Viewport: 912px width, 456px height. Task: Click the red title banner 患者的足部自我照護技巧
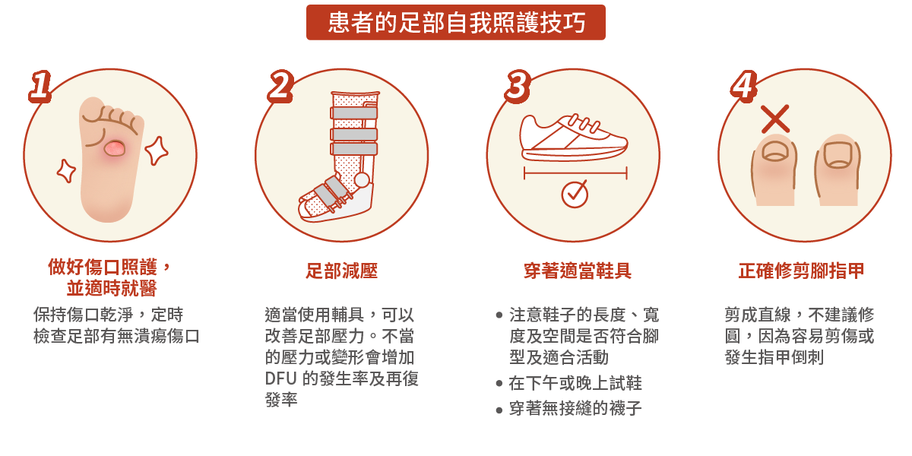[x=456, y=22]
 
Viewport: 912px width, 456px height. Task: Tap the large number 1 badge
[x=40, y=86]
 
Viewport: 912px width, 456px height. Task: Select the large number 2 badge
[x=280, y=86]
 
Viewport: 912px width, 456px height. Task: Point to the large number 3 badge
[x=517, y=86]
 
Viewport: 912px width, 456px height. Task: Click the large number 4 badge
[x=743, y=86]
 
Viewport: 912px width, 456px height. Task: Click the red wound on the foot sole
[x=115, y=148]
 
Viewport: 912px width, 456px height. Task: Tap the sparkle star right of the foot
[x=157, y=150]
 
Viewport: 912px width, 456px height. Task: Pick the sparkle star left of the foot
[x=66, y=171]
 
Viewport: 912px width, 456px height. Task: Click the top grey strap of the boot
[x=354, y=112]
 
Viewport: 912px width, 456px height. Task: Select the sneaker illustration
[x=575, y=138]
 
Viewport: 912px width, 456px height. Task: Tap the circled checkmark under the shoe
[x=575, y=194]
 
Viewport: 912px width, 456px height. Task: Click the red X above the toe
[x=775, y=119]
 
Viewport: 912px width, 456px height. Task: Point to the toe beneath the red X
[x=774, y=171]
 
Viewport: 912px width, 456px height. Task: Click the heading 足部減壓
[x=341, y=271]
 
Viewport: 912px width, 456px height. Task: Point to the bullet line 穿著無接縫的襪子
[x=575, y=409]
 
